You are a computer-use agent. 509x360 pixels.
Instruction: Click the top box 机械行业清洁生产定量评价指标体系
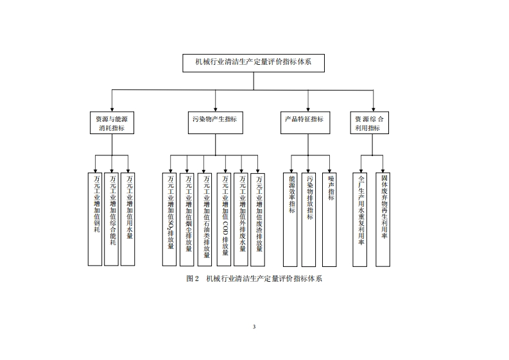pos(254,63)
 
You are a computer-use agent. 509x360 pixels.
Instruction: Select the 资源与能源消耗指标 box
pos(112,123)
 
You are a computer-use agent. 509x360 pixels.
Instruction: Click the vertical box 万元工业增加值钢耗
pos(95,218)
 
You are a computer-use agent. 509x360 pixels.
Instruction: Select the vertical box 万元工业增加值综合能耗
pos(112,218)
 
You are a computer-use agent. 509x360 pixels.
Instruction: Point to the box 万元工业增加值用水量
pos(128,218)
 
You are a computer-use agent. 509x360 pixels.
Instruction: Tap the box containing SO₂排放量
pos(170,218)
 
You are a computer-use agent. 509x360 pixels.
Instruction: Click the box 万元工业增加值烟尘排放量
pos(187,218)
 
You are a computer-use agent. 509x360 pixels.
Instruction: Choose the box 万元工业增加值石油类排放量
pos(205,218)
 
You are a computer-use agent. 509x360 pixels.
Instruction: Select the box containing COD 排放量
pos(224,218)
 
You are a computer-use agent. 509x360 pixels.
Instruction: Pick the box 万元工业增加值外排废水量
pos(241,218)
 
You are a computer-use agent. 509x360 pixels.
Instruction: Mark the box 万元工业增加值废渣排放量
pos(257,218)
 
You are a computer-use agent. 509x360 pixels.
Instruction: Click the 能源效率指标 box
pos(290,218)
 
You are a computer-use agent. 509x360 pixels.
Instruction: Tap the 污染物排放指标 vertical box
pos(309,218)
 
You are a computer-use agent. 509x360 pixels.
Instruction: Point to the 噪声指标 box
pos(329,218)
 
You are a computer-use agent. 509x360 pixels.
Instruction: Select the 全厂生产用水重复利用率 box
pos(360,218)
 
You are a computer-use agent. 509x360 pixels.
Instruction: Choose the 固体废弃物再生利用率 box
pos(383,218)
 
